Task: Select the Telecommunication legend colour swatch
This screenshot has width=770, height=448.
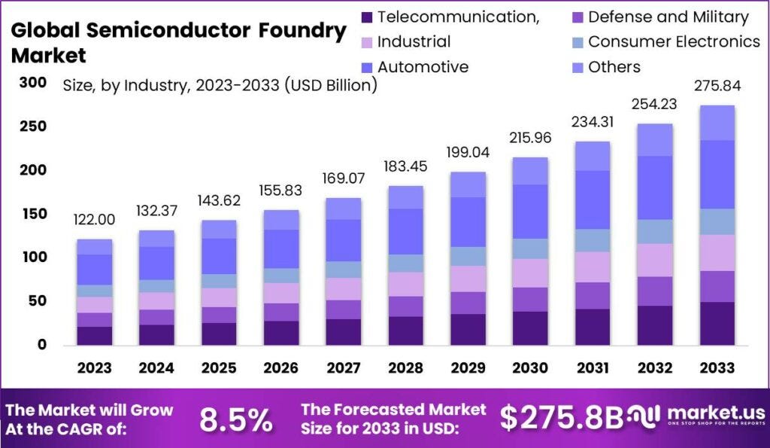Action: point(366,17)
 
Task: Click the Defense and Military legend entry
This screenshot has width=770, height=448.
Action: point(668,17)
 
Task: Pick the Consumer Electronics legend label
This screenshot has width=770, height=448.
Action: point(674,42)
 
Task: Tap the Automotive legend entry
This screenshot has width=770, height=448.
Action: point(423,67)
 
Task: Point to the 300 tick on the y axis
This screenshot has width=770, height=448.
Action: point(32,83)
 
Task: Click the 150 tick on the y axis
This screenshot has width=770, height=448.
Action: point(32,215)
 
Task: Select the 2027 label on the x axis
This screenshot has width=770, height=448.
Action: point(343,367)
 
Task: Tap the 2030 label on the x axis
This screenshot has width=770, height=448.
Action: point(531,367)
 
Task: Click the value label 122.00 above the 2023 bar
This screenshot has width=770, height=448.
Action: point(94,220)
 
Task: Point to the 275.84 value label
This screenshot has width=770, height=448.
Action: point(718,86)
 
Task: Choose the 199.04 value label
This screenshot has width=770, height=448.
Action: point(468,153)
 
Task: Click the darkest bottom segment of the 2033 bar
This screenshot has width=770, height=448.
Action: point(718,323)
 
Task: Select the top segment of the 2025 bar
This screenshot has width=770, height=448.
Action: point(219,229)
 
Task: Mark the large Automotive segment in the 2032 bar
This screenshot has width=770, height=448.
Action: point(656,187)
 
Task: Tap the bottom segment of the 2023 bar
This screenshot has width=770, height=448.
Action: point(94,335)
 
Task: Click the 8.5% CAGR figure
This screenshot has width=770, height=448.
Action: point(235,420)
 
